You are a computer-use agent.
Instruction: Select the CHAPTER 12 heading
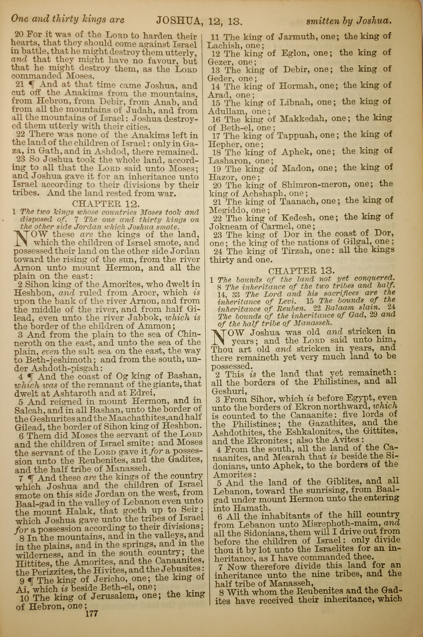tap(106, 203)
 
